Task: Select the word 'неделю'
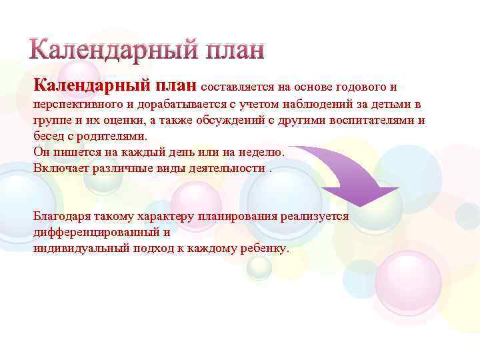(261, 152)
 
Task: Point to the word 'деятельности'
(228, 167)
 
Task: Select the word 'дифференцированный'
(95, 233)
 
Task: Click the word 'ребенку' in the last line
(265, 249)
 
